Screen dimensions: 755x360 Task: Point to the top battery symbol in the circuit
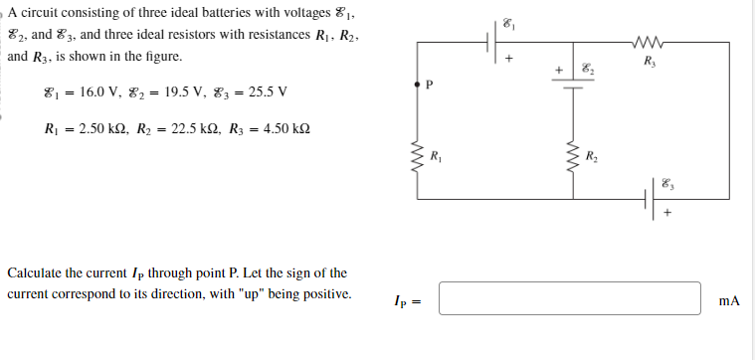click(x=493, y=43)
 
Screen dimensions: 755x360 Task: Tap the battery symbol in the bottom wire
click(x=653, y=199)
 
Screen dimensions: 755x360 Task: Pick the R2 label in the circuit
click(x=591, y=155)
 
